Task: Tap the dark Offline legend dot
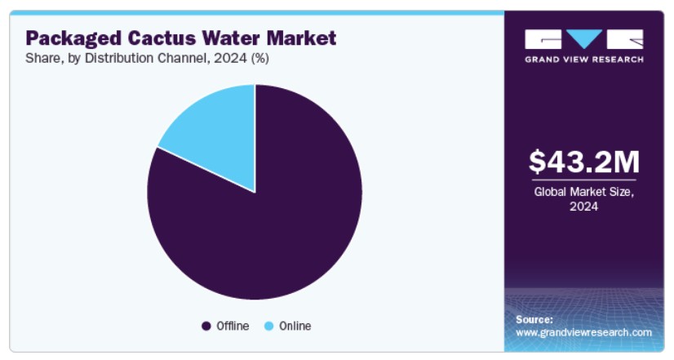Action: coord(206,327)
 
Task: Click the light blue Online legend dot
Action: coord(269,327)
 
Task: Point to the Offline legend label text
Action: coord(233,326)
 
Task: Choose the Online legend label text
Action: coord(295,326)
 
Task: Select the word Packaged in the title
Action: coord(73,38)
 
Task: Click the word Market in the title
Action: coord(301,38)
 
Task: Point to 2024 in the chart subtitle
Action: coord(230,58)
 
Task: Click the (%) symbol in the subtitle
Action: coord(260,58)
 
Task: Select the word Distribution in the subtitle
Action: coord(119,58)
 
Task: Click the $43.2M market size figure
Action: coord(584,162)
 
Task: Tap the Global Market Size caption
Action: coord(584,192)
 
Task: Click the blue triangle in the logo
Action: coord(583,38)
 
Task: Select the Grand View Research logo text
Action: coord(584,60)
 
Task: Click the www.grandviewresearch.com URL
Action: coord(583,332)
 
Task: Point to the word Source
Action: coord(534,319)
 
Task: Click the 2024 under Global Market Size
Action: coord(583,207)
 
